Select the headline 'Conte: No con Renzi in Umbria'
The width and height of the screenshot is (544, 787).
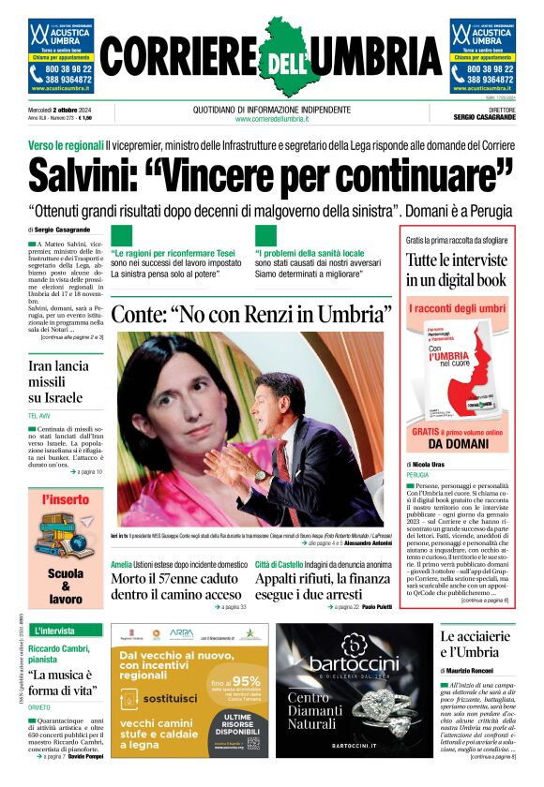(x=250, y=313)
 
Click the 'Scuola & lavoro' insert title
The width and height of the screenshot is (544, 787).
(x=65, y=586)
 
